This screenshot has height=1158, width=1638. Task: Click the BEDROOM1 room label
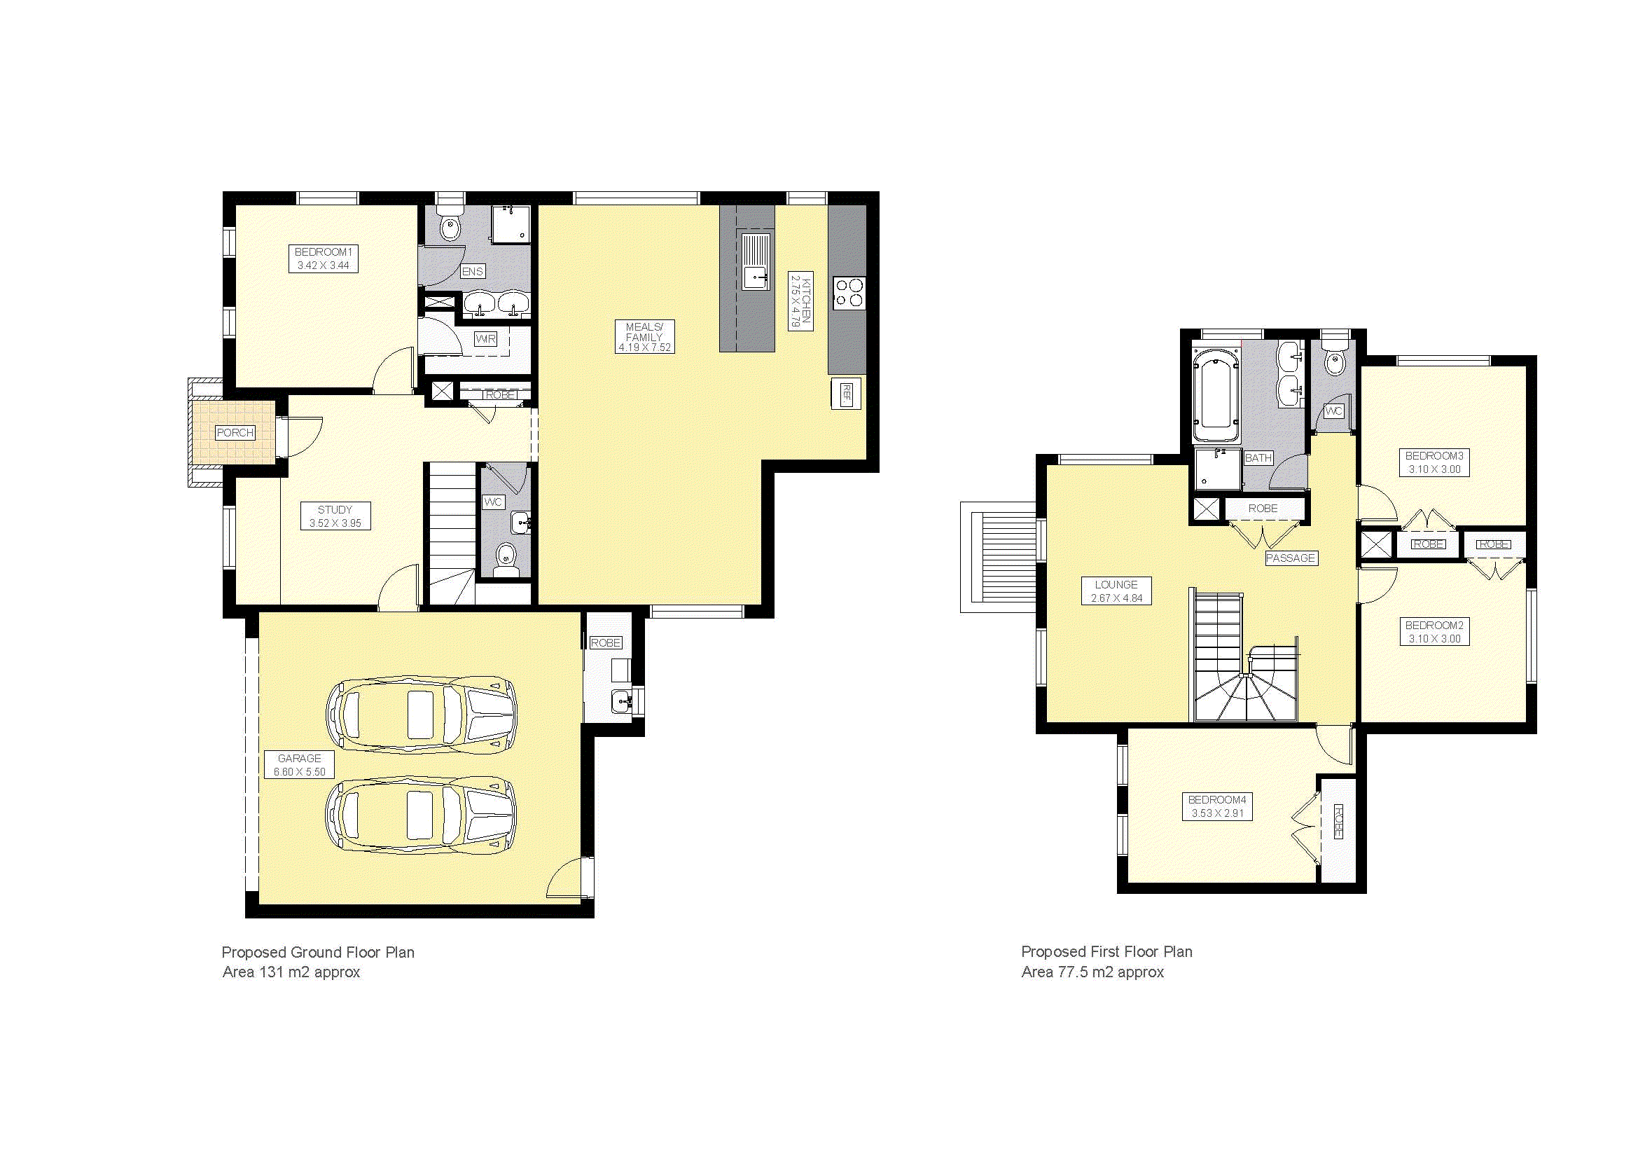tap(323, 252)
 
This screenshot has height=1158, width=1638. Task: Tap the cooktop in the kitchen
tap(849, 294)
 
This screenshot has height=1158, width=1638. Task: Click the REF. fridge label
tap(846, 393)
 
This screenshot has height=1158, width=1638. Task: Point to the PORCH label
tap(235, 432)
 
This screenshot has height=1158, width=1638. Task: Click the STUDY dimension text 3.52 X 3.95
tap(335, 523)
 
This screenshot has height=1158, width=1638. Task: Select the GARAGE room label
tap(300, 759)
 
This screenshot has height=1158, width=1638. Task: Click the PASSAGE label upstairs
tap(1291, 558)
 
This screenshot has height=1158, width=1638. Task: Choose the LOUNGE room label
tap(1116, 584)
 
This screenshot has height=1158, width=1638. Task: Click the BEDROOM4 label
tap(1217, 800)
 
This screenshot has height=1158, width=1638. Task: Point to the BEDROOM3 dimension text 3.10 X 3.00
tap(1435, 469)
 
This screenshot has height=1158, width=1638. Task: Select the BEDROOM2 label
tap(1435, 625)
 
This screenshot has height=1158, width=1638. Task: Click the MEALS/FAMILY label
tap(644, 332)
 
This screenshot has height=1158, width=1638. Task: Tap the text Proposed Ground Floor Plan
tap(317, 952)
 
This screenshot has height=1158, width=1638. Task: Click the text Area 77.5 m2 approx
tap(1092, 972)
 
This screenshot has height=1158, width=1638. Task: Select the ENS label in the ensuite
tap(472, 271)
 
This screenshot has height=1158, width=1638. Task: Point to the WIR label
tap(486, 339)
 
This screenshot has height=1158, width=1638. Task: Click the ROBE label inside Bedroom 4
tap(1338, 821)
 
